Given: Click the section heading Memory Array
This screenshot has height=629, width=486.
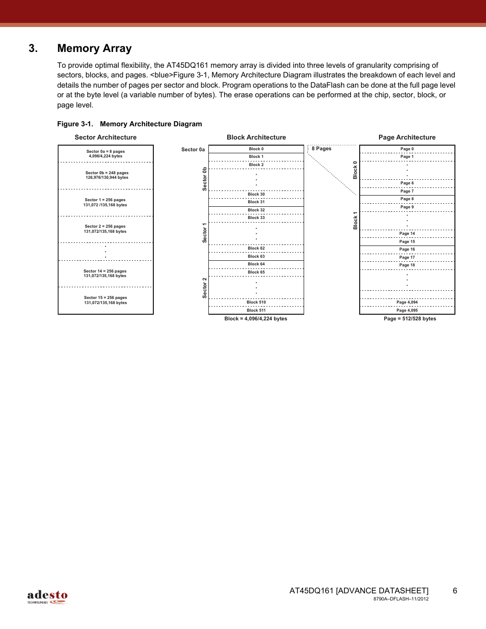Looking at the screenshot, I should (x=94, y=48).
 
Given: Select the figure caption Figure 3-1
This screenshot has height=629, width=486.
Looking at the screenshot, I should (x=129, y=124).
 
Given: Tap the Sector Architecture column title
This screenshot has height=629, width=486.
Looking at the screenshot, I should (x=105, y=138).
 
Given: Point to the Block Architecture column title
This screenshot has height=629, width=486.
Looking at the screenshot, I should (x=256, y=138).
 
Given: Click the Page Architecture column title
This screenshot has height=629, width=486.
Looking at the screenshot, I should (x=407, y=138).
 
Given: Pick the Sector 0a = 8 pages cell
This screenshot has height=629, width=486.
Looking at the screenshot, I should (x=105, y=154).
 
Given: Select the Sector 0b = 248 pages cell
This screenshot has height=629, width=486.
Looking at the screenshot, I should (x=106, y=175).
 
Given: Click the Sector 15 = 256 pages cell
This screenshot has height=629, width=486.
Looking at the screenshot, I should (x=105, y=300).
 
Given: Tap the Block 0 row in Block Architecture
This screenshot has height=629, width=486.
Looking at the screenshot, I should (x=256, y=149).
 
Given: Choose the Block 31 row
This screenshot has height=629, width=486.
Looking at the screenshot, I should (x=256, y=202).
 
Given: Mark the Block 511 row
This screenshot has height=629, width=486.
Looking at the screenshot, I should (x=256, y=310).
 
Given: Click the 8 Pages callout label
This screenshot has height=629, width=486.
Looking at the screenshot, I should (x=321, y=149).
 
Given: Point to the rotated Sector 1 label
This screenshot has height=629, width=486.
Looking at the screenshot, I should (x=205, y=233).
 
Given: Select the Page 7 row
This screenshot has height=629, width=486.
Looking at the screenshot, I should (x=407, y=192).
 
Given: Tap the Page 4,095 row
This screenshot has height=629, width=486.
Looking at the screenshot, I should (x=407, y=310).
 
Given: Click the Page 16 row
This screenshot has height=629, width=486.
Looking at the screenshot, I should (x=407, y=250).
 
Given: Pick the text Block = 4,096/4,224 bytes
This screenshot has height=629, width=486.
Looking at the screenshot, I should (x=256, y=319).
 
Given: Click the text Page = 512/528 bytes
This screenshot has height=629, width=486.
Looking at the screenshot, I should (x=410, y=319).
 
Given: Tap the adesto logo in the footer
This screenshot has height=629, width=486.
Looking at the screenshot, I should (x=47, y=596).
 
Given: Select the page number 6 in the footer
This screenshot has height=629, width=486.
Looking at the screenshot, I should (x=455, y=591).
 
